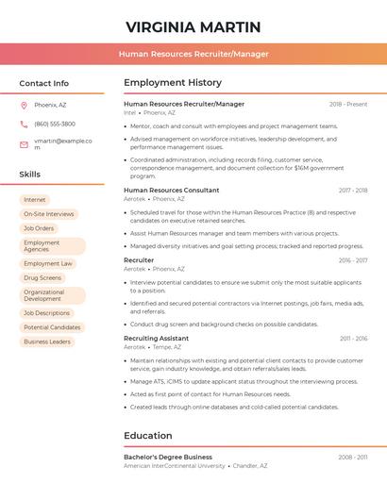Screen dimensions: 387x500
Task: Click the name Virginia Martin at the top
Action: [193, 26]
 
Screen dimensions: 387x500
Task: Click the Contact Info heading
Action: [43, 83]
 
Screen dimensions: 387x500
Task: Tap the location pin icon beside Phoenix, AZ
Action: [24, 105]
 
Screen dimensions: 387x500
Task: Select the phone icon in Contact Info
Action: [24, 124]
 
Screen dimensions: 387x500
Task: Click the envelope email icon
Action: [24, 143]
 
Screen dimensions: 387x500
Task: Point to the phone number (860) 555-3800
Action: [55, 124]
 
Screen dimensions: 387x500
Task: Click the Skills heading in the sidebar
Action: [30, 175]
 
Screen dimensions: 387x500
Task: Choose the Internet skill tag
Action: [34, 200]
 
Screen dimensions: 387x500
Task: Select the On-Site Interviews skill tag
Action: [48, 214]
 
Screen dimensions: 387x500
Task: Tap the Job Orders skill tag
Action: [39, 228]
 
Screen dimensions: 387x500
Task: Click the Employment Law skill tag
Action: [47, 264]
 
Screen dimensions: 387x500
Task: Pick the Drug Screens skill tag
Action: [42, 278]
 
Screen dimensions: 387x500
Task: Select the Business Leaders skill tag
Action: [47, 342]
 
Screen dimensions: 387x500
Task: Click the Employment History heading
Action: [173, 83]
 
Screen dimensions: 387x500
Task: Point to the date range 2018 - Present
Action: [348, 104]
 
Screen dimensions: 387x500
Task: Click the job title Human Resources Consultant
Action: [171, 190]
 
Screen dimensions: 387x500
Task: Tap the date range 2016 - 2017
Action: [353, 259]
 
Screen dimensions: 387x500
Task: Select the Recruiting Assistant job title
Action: [156, 338]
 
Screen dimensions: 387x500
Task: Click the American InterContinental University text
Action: [175, 466]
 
